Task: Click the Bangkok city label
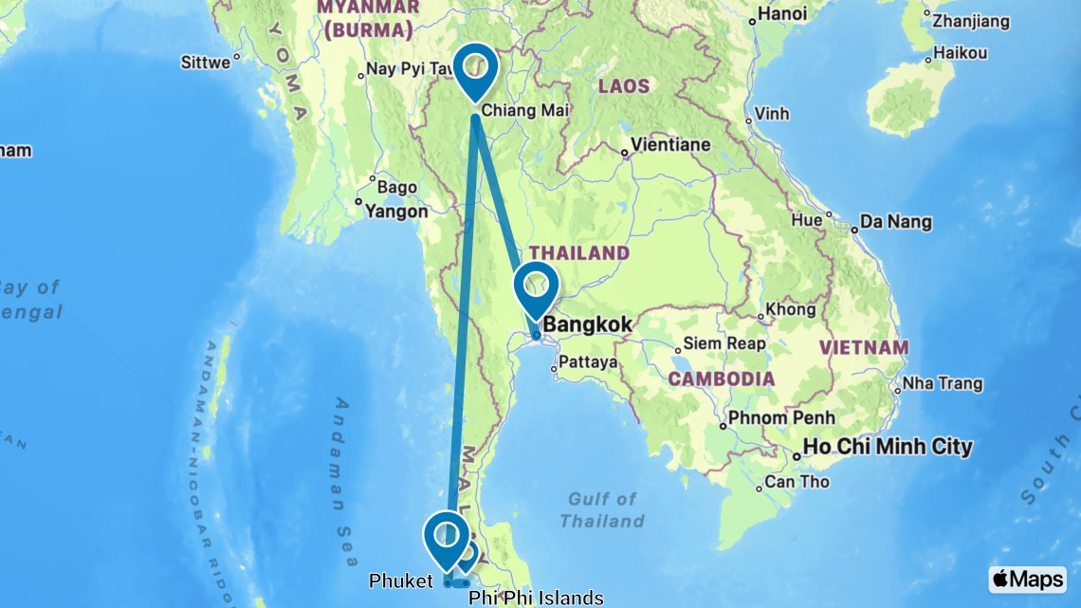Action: pyautogui.click(x=588, y=325)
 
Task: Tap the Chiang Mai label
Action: pyautogui.click(x=524, y=111)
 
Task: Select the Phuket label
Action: pyautogui.click(x=399, y=581)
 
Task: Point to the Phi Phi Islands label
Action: pyautogui.click(x=536, y=598)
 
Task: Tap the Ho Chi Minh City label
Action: pyautogui.click(x=888, y=446)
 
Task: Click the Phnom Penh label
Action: pyautogui.click(x=783, y=417)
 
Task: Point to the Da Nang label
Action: pyautogui.click(x=895, y=223)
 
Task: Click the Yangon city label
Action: pyautogui.click(x=396, y=211)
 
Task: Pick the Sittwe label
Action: pyautogui.click(x=205, y=63)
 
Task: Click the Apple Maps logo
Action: pyautogui.click(x=1027, y=579)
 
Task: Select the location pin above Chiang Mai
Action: pyautogui.click(x=475, y=68)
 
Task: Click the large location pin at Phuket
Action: pyautogui.click(x=446, y=537)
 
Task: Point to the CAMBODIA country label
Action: pyautogui.click(x=721, y=379)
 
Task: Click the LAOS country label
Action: pyautogui.click(x=623, y=86)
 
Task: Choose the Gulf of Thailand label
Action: pyautogui.click(x=601, y=509)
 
